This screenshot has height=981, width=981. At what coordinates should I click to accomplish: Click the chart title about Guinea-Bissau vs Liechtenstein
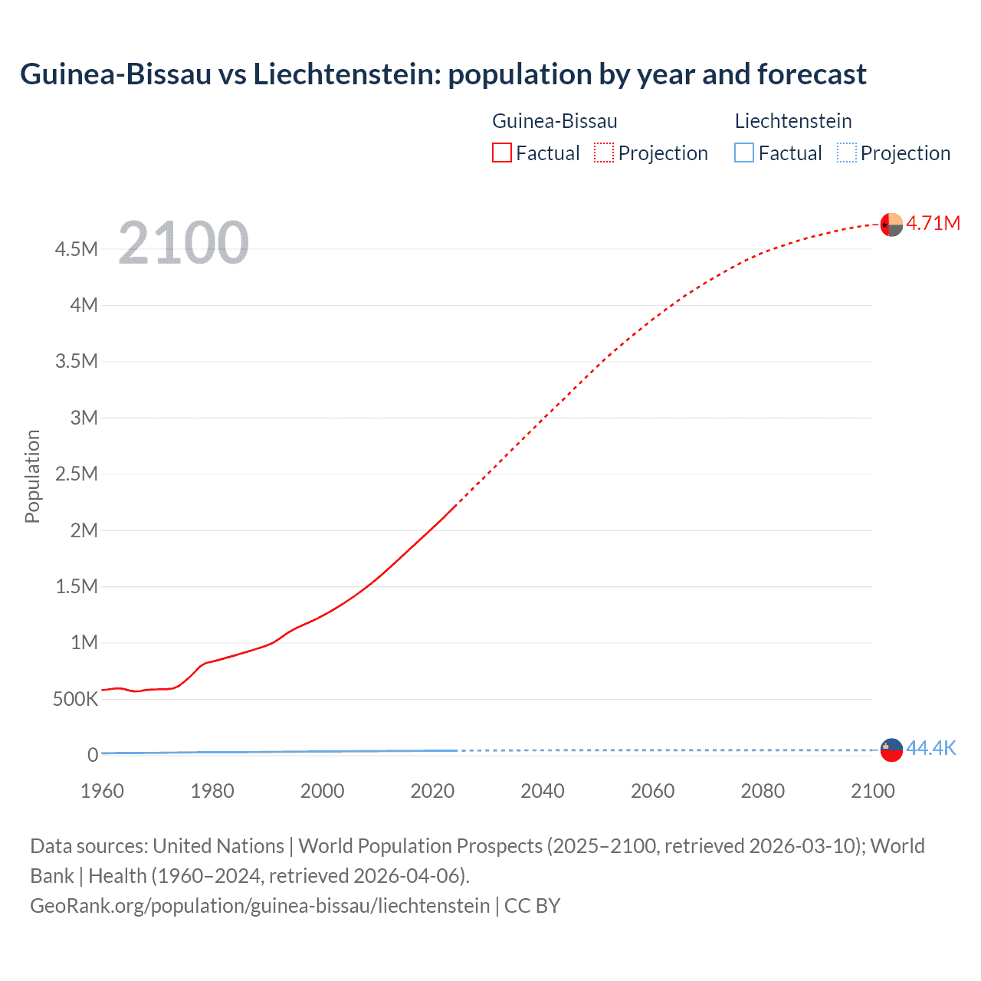click(443, 74)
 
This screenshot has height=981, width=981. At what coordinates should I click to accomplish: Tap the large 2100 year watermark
click(184, 243)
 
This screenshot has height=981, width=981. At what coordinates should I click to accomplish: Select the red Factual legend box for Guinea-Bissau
click(501, 153)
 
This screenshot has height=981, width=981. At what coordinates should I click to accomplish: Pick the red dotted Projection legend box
click(604, 153)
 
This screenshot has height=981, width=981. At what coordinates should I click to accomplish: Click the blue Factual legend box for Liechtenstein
click(743, 153)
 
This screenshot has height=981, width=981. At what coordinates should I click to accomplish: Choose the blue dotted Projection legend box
click(846, 153)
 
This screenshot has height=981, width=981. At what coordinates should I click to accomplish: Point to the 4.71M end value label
click(933, 223)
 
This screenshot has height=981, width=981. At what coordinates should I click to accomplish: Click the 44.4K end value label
click(931, 748)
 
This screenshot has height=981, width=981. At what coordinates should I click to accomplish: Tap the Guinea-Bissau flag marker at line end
click(891, 225)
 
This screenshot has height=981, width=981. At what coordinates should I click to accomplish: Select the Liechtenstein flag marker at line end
click(891, 750)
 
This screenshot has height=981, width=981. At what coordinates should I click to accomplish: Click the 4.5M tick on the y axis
click(77, 249)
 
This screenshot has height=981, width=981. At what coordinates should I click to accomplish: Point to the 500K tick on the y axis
click(76, 699)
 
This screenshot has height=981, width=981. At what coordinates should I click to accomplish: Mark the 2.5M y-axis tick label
click(77, 474)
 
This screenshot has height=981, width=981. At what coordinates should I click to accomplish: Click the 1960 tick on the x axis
click(102, 791)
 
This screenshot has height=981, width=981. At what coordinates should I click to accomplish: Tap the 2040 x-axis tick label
click(543, 791)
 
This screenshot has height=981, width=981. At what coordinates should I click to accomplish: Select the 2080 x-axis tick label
click(763, 791)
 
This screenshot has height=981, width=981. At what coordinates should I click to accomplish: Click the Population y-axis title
click(32, 476)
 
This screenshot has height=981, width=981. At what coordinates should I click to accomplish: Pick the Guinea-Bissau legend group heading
click(554, 121)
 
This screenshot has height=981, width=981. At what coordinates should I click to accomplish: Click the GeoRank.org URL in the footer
click(260, 905)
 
